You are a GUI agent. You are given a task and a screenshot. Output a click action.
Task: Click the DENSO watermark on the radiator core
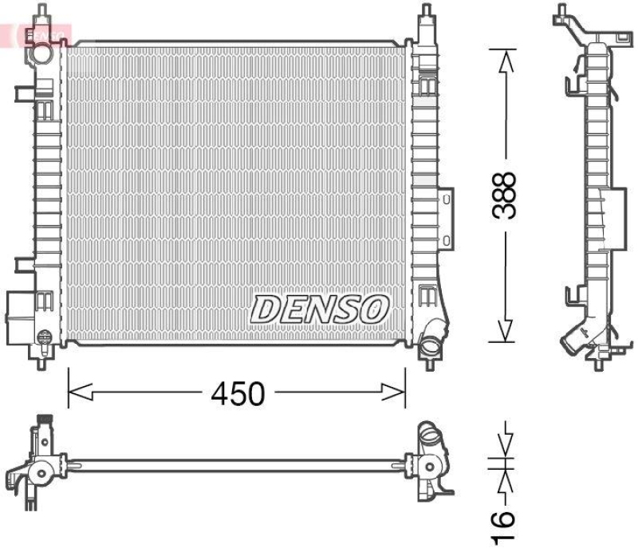[x=321, y=308]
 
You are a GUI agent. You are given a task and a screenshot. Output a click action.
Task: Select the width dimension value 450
[x=237, y=392]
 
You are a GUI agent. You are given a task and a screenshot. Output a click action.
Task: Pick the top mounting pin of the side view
[x=564, y=13]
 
